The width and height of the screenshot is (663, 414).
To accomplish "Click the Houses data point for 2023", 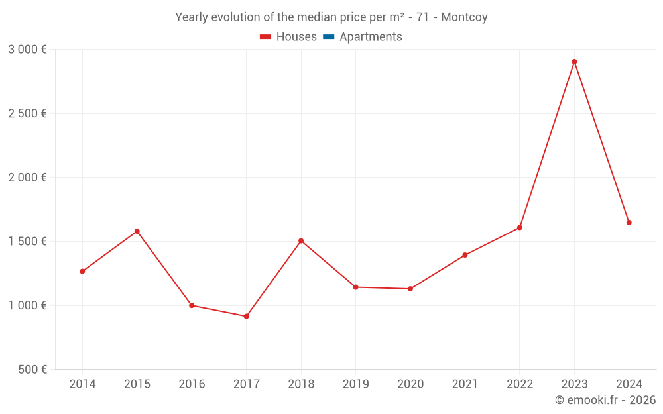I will click(574, 62).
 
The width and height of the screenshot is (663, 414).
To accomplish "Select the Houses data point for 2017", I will click(246, 316).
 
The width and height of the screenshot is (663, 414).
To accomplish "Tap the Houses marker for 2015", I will click(137, 231).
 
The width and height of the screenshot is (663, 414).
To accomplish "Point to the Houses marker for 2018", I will click(301, 240).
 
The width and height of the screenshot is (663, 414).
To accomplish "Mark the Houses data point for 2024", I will click(629, 223).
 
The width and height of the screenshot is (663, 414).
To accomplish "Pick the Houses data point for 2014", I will click(82, 271).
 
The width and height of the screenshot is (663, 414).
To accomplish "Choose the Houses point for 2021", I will click(465, 255).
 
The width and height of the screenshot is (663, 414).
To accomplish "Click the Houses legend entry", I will click(288, 37).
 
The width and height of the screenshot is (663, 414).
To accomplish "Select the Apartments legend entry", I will click(363, 37).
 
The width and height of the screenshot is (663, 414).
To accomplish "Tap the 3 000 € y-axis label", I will click(27, 49).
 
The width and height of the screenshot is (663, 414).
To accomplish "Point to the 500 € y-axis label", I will click(32, 369).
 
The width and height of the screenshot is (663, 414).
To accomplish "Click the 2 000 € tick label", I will click(27, 177).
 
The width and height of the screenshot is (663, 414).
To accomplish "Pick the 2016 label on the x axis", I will click(192, 384).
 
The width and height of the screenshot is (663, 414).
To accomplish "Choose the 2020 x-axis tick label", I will click(410, 384).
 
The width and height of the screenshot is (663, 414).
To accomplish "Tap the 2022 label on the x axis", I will click(519, 384).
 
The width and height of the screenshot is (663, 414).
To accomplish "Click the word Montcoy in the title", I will click(464, 17).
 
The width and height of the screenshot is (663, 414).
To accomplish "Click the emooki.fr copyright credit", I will click(605, 400).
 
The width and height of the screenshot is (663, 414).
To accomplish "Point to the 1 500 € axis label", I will click(27, 241).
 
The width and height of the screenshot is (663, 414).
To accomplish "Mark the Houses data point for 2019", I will click(355, 287).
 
